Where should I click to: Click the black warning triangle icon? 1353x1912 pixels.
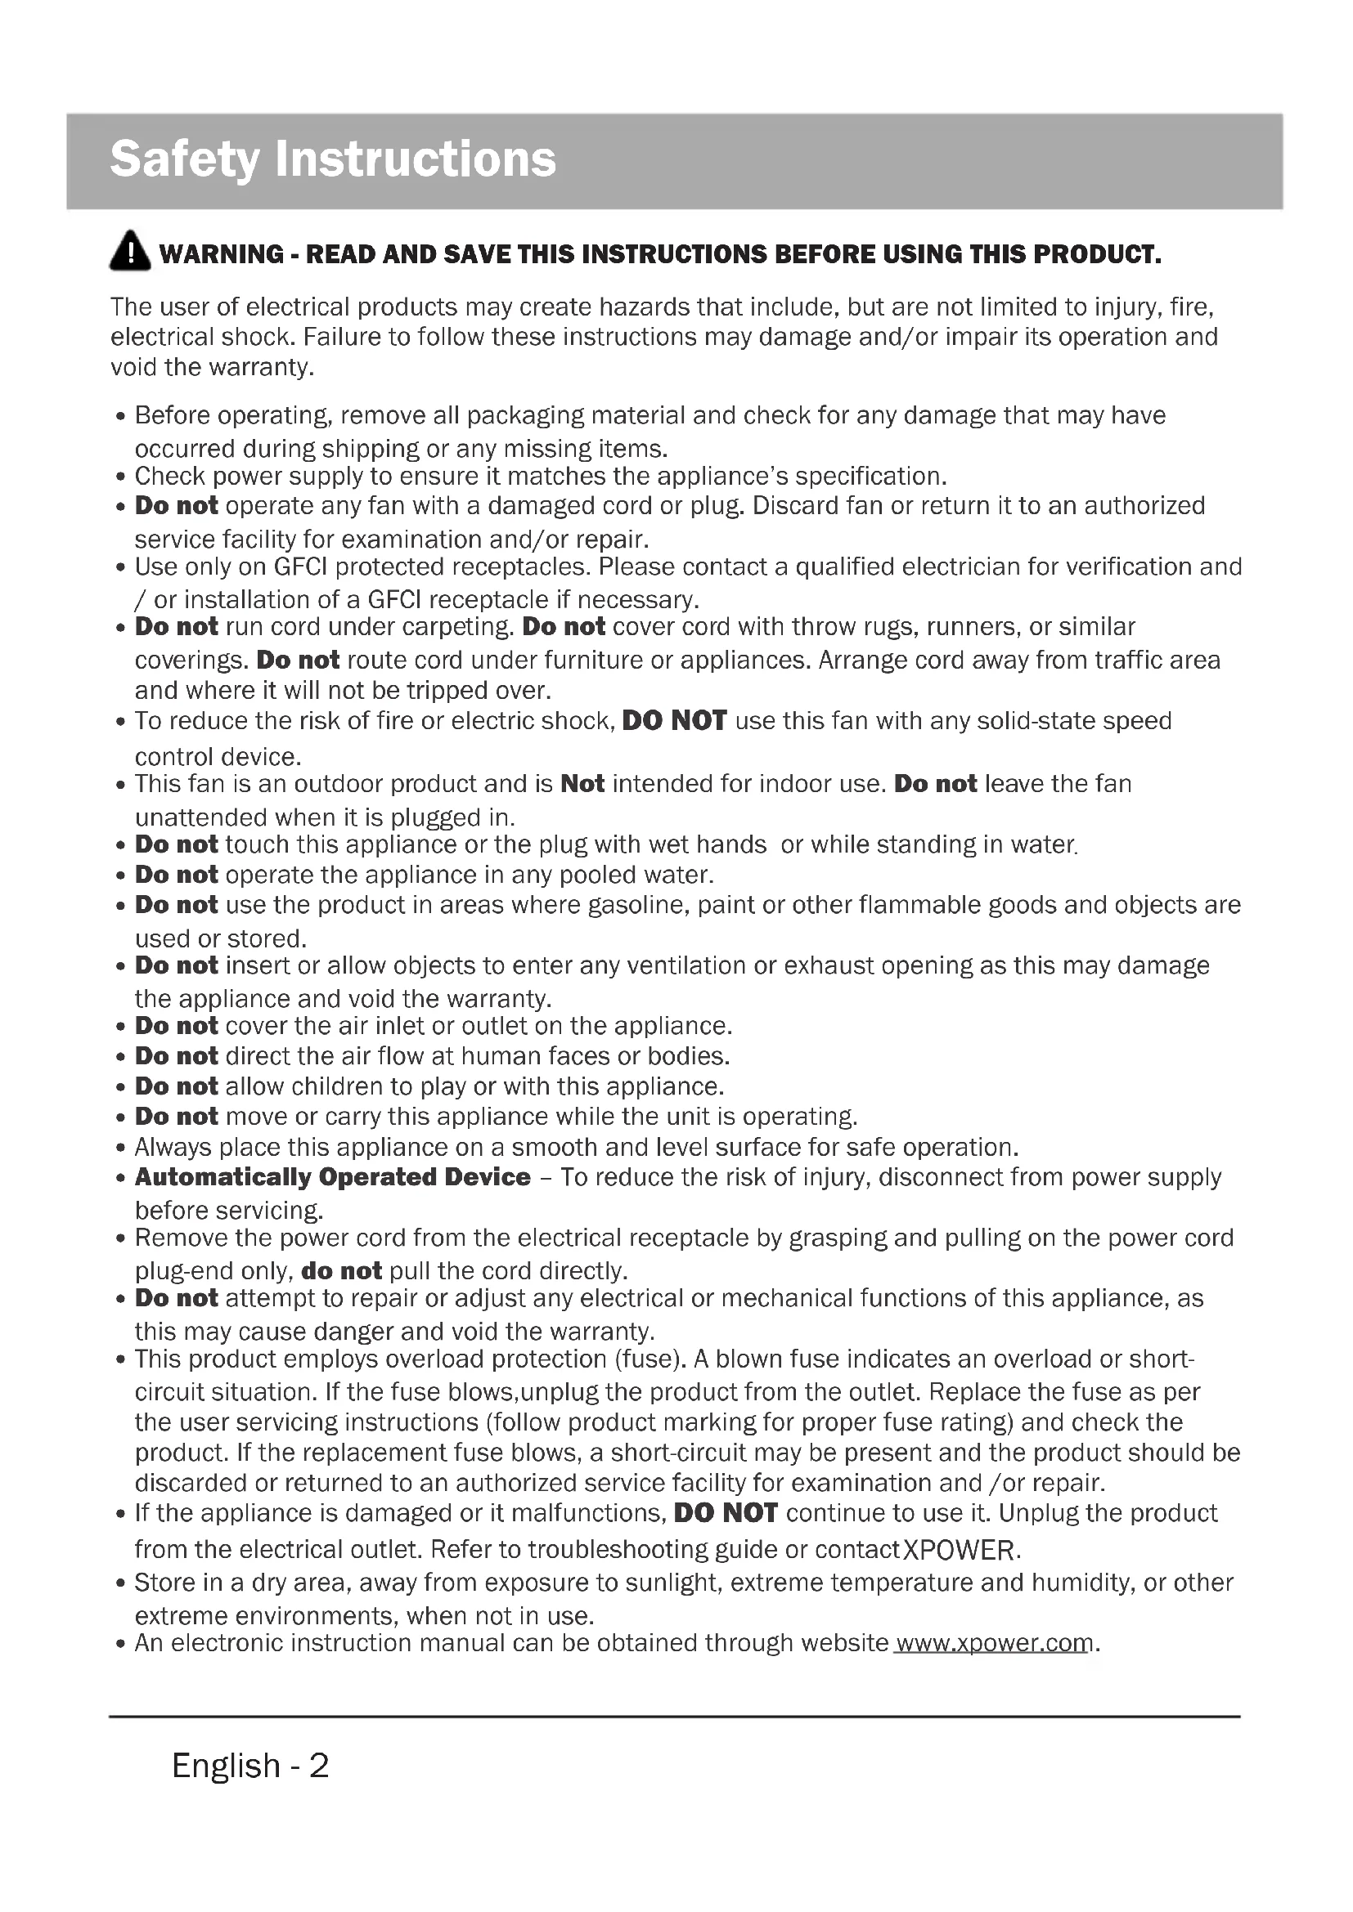[x=130, y=252]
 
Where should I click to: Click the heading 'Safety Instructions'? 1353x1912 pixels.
[x=332, y=159]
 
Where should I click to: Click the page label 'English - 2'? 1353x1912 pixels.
[x=250, y=1765]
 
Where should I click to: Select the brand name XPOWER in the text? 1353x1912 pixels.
[x=959, y=1551]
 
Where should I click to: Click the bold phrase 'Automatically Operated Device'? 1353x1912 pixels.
[x=332, y=1176]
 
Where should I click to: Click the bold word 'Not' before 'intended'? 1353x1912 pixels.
[x=582, y=784]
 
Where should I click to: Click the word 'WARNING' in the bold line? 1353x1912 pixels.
[x=222, y=254]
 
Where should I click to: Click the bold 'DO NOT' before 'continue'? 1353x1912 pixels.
[x=725, y=1513]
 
